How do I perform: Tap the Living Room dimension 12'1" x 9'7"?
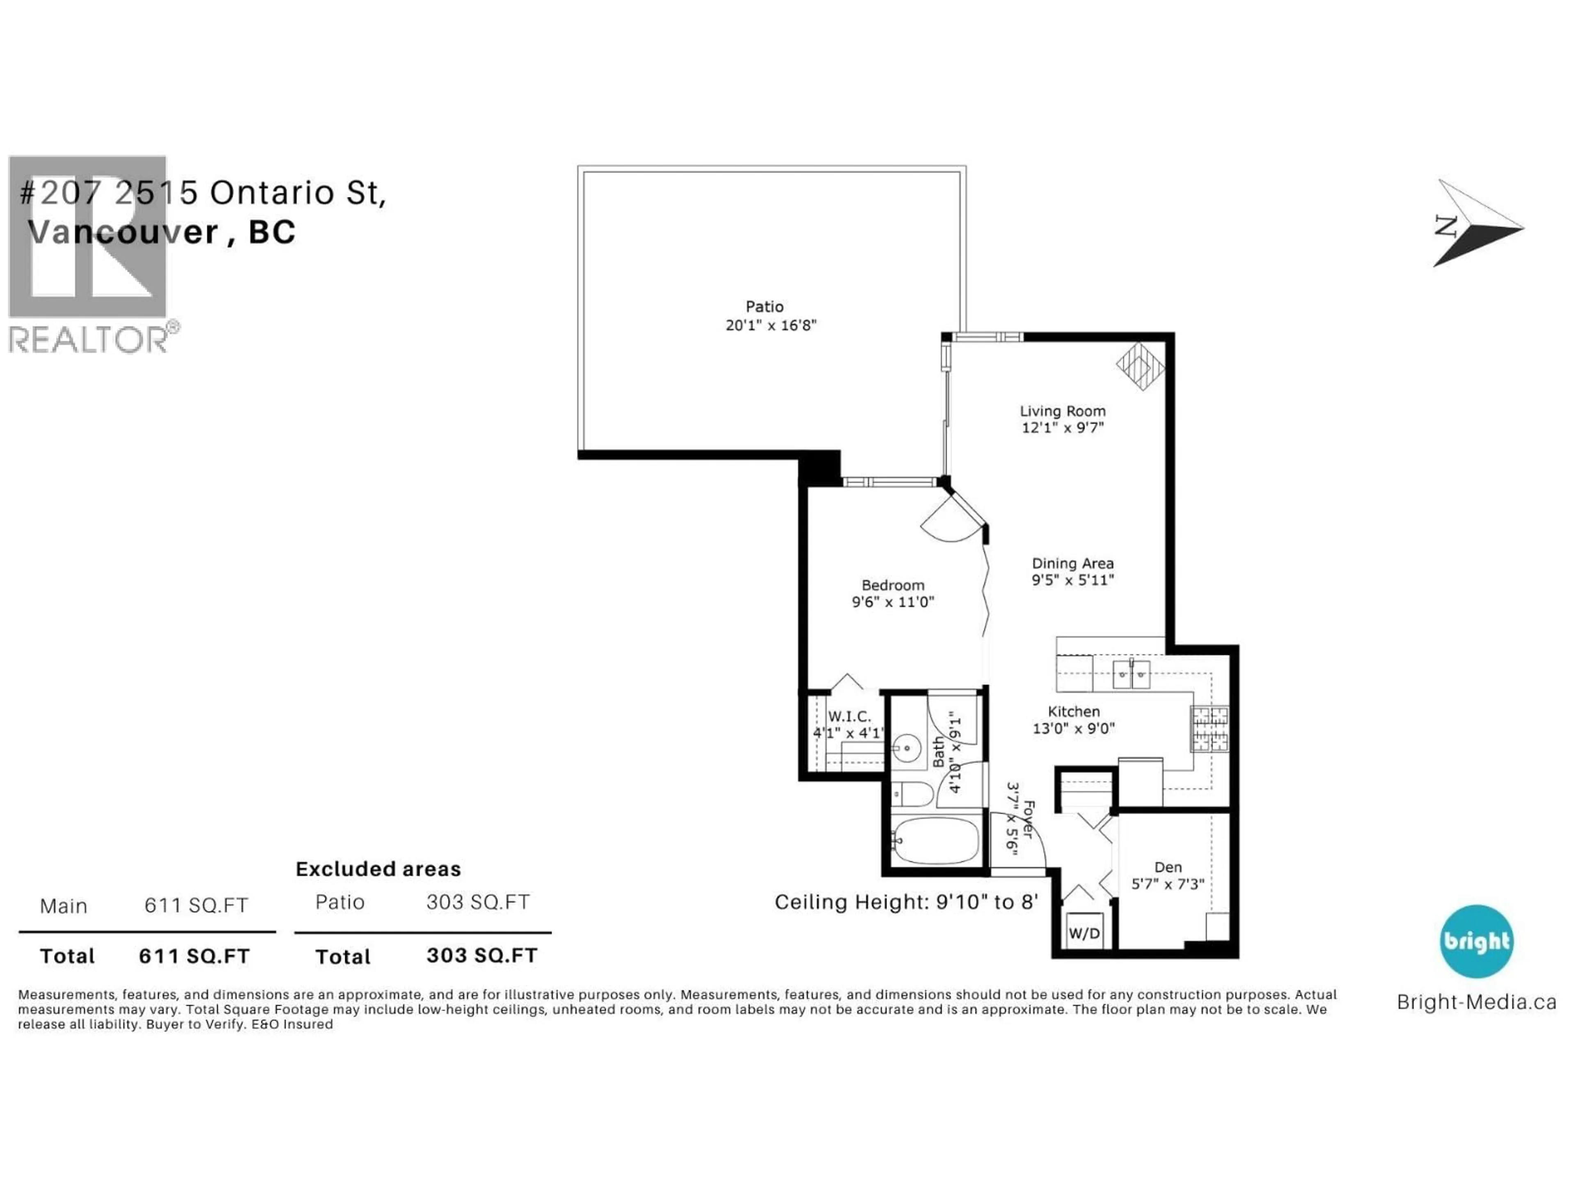(x=1062, y=428)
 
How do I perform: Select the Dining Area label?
(x=1072, y=563)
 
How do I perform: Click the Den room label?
(x=1168, y=867)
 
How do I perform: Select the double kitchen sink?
(x=1131, y=674)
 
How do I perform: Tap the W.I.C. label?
(x=849, y=717)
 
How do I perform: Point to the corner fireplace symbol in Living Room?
(x=1140, y=366)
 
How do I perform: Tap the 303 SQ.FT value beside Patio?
(x=478, y=903)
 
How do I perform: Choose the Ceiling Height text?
(x=905, y=903)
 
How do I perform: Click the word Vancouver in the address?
(x=123, y=232)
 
